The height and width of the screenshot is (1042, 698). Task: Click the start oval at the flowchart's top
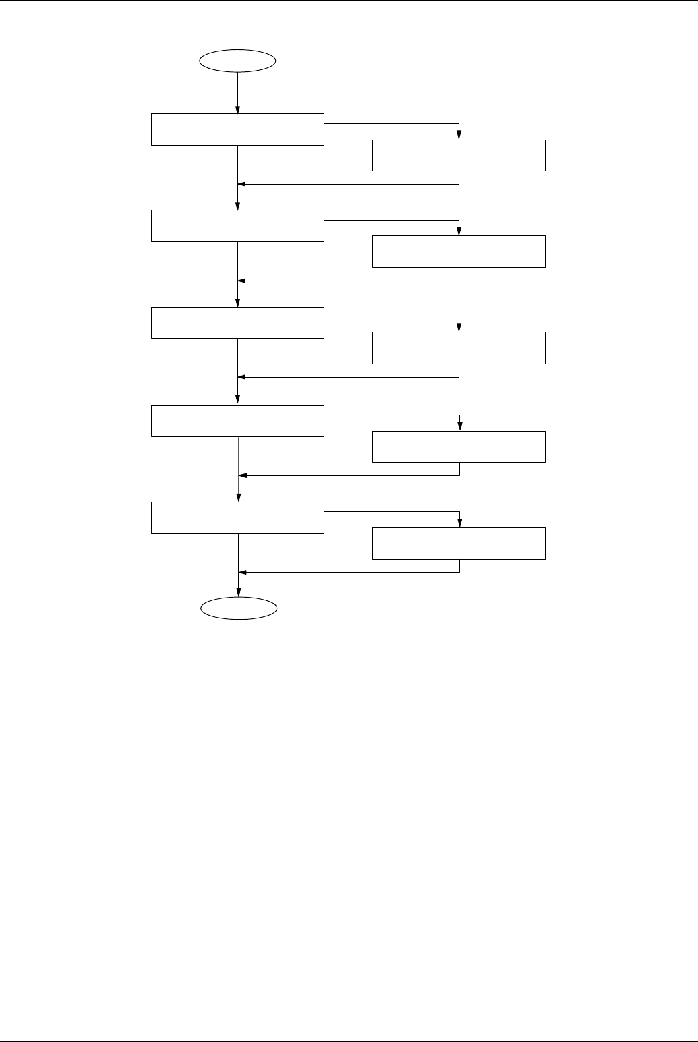pyautogui.click(x=238, y=60)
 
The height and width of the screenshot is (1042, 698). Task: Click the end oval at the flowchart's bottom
pyautogui.click(x=239, y=608)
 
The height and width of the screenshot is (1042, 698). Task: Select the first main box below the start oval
pyautogui.click(x=237, y=129)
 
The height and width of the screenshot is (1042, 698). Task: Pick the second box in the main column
pyautogui.click(x=237, y=226)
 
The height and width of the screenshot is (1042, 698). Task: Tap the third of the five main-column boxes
pyautogui.click(x=237, y=322)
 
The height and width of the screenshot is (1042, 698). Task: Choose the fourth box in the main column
pyautogui.click(x=237, y=421)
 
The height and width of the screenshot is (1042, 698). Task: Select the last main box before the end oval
pyautogui.click(x=237, y=518)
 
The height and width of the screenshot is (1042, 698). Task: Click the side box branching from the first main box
pyautogui.click(x=459, y=156)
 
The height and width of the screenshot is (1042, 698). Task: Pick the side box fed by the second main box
pyautogui.click(x=459, y=252)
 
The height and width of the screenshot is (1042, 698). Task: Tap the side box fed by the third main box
pyautogui.click(x=459, y=348)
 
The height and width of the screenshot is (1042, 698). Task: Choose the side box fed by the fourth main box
pyautogui.click(x=459, y=446)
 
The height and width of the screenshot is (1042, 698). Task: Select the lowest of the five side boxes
pyautogui.click(x=459, y=544)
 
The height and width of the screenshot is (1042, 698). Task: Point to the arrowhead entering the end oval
pyautogui.click(x=239, y=593)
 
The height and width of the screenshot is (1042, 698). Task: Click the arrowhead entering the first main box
pyautogui.click(x=238, y=110)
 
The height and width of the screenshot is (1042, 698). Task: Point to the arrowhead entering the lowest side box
pyautogui.click(x=460, y=524)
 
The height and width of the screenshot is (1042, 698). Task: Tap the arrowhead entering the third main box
pyautogui.click(x=238, y=303)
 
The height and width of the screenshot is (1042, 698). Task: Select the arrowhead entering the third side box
pyautogui.click(x=459, y=328)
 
